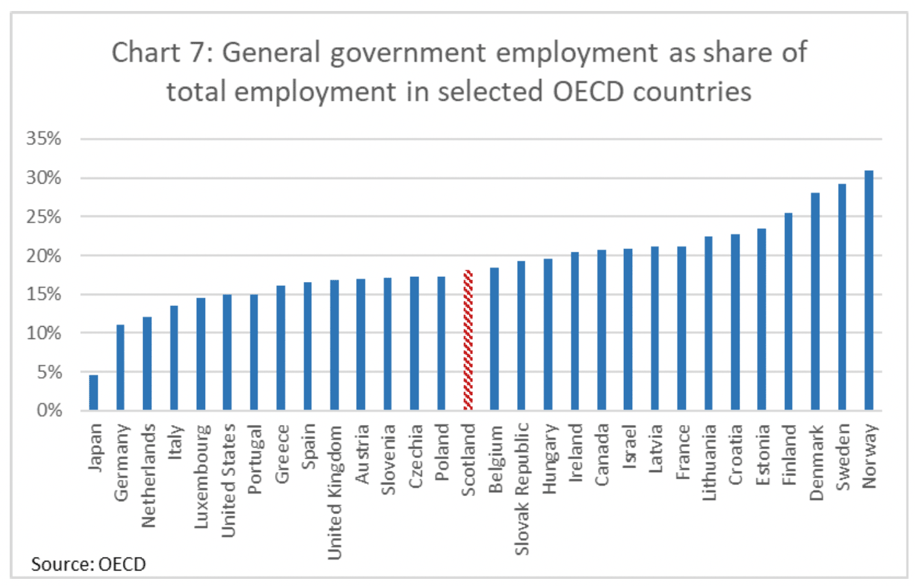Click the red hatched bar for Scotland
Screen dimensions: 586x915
(x=468, y=340)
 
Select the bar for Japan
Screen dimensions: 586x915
(x=94, y=392)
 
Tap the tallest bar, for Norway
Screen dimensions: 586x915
(x=868, y=291)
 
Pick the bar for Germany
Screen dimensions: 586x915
(x=120, y=367)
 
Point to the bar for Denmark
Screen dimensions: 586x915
(x=815, y=301)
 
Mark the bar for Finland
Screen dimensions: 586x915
(x=788, y=311)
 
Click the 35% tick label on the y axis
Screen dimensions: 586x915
(x=44, y=138)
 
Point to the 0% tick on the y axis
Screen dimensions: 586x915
(x=49, y=410)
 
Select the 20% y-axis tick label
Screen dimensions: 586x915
(x=44, y=255)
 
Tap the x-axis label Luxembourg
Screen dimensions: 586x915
(x=201, y=475)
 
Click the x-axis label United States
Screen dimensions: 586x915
(x=228, y=480)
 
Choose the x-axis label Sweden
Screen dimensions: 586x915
(x=842, y=457)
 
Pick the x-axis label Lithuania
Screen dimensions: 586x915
(x=709, y=462)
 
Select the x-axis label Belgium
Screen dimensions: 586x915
(x=495, y=459)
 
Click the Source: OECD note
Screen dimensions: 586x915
(x=89, y=564)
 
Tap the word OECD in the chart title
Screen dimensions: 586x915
(x=589, y=92)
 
